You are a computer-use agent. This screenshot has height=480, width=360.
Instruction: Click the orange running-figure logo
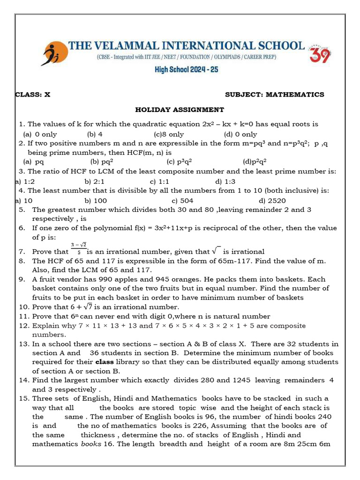coord(53,54)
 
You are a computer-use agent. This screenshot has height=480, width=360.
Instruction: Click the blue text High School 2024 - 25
coord(187,70)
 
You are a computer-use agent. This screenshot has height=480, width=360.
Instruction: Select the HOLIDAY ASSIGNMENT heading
coord(180,109)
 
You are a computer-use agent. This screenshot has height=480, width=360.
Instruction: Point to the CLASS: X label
coord(33,94)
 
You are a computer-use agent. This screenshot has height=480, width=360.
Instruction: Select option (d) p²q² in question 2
coord(255,162)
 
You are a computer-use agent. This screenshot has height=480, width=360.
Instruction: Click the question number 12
coord(24,325)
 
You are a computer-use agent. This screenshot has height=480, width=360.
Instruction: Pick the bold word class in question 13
coord(104,362)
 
